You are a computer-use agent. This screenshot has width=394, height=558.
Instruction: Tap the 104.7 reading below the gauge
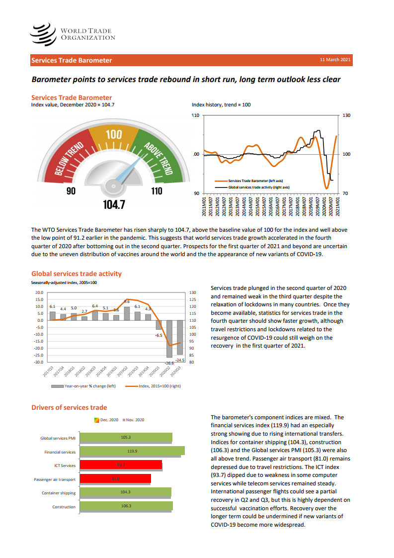(114, 204)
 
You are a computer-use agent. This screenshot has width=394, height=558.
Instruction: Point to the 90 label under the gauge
(71, 191)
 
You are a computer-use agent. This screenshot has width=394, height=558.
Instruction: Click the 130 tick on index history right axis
(346, 115)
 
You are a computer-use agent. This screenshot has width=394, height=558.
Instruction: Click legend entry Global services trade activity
(258, 187)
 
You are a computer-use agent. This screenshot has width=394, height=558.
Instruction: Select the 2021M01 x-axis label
(338, 205)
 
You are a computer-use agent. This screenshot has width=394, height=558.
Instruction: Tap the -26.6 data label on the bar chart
(169, 364)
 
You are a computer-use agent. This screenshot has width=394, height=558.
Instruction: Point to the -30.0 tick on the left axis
(38, 362)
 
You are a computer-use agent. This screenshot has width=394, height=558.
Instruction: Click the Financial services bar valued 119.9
(132, 451)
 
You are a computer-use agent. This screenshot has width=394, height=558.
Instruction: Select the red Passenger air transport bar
(115, 479)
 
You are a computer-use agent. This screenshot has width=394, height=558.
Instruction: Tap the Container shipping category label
(59, 493)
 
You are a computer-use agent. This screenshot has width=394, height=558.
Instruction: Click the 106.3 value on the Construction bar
(126, 506)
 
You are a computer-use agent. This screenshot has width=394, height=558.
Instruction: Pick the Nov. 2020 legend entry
(135, 420)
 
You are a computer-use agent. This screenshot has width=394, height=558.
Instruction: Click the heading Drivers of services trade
(69, 407)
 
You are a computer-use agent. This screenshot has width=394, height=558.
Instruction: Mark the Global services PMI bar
(126, 438)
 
